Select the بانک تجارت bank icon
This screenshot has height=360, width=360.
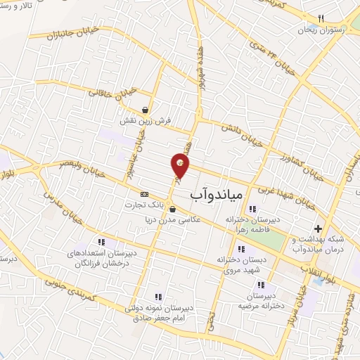click(x=145, y=194)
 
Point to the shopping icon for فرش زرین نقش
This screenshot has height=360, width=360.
click(x=145, y=110)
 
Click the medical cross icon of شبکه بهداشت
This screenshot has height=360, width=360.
click(x=319, y=229)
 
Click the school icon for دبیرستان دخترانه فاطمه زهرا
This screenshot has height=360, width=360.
click(x=252, y=208)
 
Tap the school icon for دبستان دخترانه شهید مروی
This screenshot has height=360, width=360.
click(x=241, y=249)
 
